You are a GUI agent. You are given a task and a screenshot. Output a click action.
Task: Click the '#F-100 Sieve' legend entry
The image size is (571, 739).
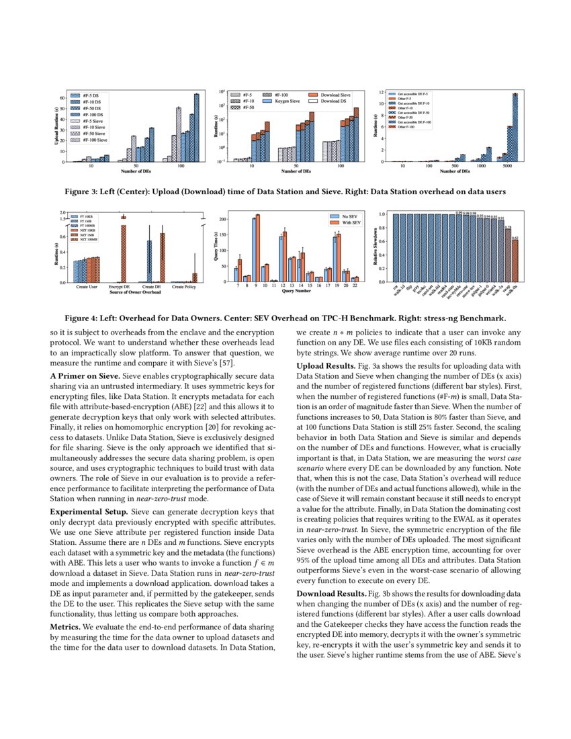pos(92,140)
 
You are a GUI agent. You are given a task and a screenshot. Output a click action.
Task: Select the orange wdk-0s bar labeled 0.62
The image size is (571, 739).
pos(515,261)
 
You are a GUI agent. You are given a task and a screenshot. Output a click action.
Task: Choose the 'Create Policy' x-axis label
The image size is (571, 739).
pos(183,287)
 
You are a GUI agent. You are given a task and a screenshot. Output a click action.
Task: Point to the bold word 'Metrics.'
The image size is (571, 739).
pos(67,627)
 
